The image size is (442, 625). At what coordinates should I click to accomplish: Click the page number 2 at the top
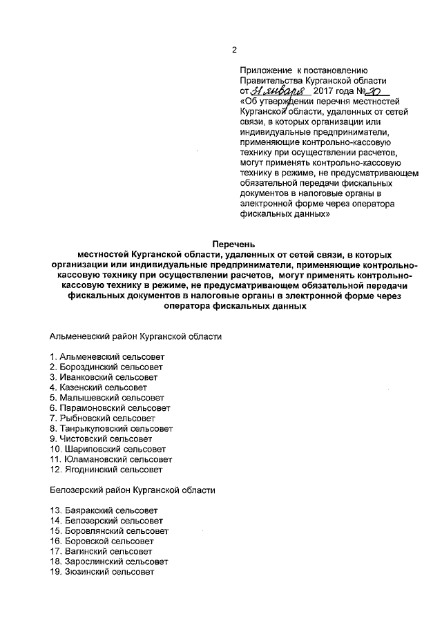coord(234,50)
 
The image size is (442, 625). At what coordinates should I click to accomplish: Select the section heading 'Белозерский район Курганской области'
coord(133,490)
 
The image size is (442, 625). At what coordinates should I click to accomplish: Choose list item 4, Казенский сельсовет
coord(98,387)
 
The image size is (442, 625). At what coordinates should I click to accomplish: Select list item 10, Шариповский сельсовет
coord(109,449)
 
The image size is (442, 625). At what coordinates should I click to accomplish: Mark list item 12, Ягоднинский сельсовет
coord(106,470)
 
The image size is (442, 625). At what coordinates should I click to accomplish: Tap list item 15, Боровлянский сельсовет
coord(108,531)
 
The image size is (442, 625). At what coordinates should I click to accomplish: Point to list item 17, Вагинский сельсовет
coord(101,552)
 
